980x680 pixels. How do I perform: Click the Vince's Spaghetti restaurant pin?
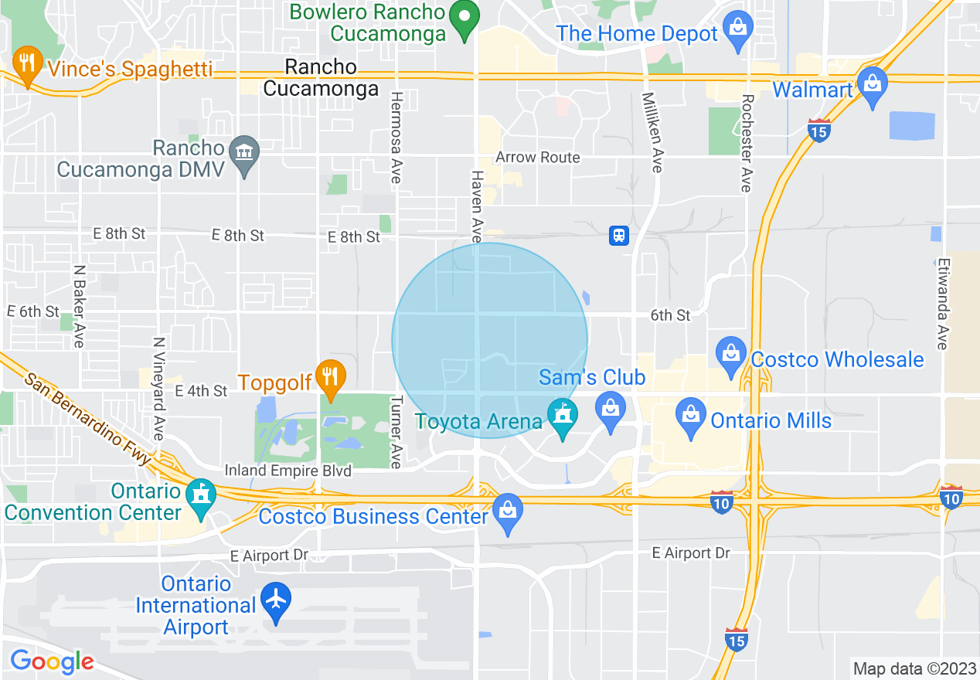point(28,64)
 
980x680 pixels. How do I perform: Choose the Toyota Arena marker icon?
point(562,417)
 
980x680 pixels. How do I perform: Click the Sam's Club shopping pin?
point(611,410)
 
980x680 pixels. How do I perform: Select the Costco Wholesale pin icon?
point(730,355)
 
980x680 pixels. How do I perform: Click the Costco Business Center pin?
point(508,512)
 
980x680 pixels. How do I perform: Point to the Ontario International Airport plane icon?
point(275,601)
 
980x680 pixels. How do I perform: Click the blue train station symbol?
point(618,235)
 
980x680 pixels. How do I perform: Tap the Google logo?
point(52,661)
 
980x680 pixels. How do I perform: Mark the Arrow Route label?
point(538,158)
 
